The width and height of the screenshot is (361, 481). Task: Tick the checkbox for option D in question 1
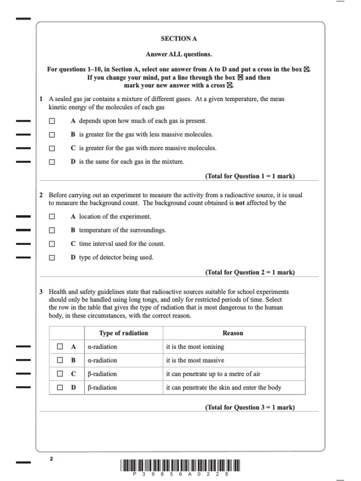[x=52, y=162]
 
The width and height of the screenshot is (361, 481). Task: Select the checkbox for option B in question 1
[x=52, y=135]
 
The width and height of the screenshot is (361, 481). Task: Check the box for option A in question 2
[x=52, y=217]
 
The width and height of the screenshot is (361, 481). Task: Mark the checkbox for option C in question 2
[x=52, y=244]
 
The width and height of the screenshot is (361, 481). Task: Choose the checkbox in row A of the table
[x=60, y=347]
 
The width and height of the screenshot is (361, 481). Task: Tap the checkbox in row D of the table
[x=60, y=388]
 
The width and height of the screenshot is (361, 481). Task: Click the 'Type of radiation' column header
[x=123, y=333]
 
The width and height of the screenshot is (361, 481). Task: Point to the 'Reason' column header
[x=233, y=333]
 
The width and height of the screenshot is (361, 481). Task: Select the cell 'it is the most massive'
[x=195, y=360]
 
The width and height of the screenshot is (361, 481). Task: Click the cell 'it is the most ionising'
[x=195, y=347]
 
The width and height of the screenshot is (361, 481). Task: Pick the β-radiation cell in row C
[x=102, y=374]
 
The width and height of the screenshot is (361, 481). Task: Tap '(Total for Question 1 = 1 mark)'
[x=250, y=176]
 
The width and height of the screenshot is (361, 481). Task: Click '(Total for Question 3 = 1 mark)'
[x=250, y=407]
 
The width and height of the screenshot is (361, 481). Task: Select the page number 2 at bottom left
[x=51, y=459]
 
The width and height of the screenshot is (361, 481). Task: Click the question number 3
[x=41, y=292]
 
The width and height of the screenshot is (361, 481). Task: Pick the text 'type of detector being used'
[x=116, y=257]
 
